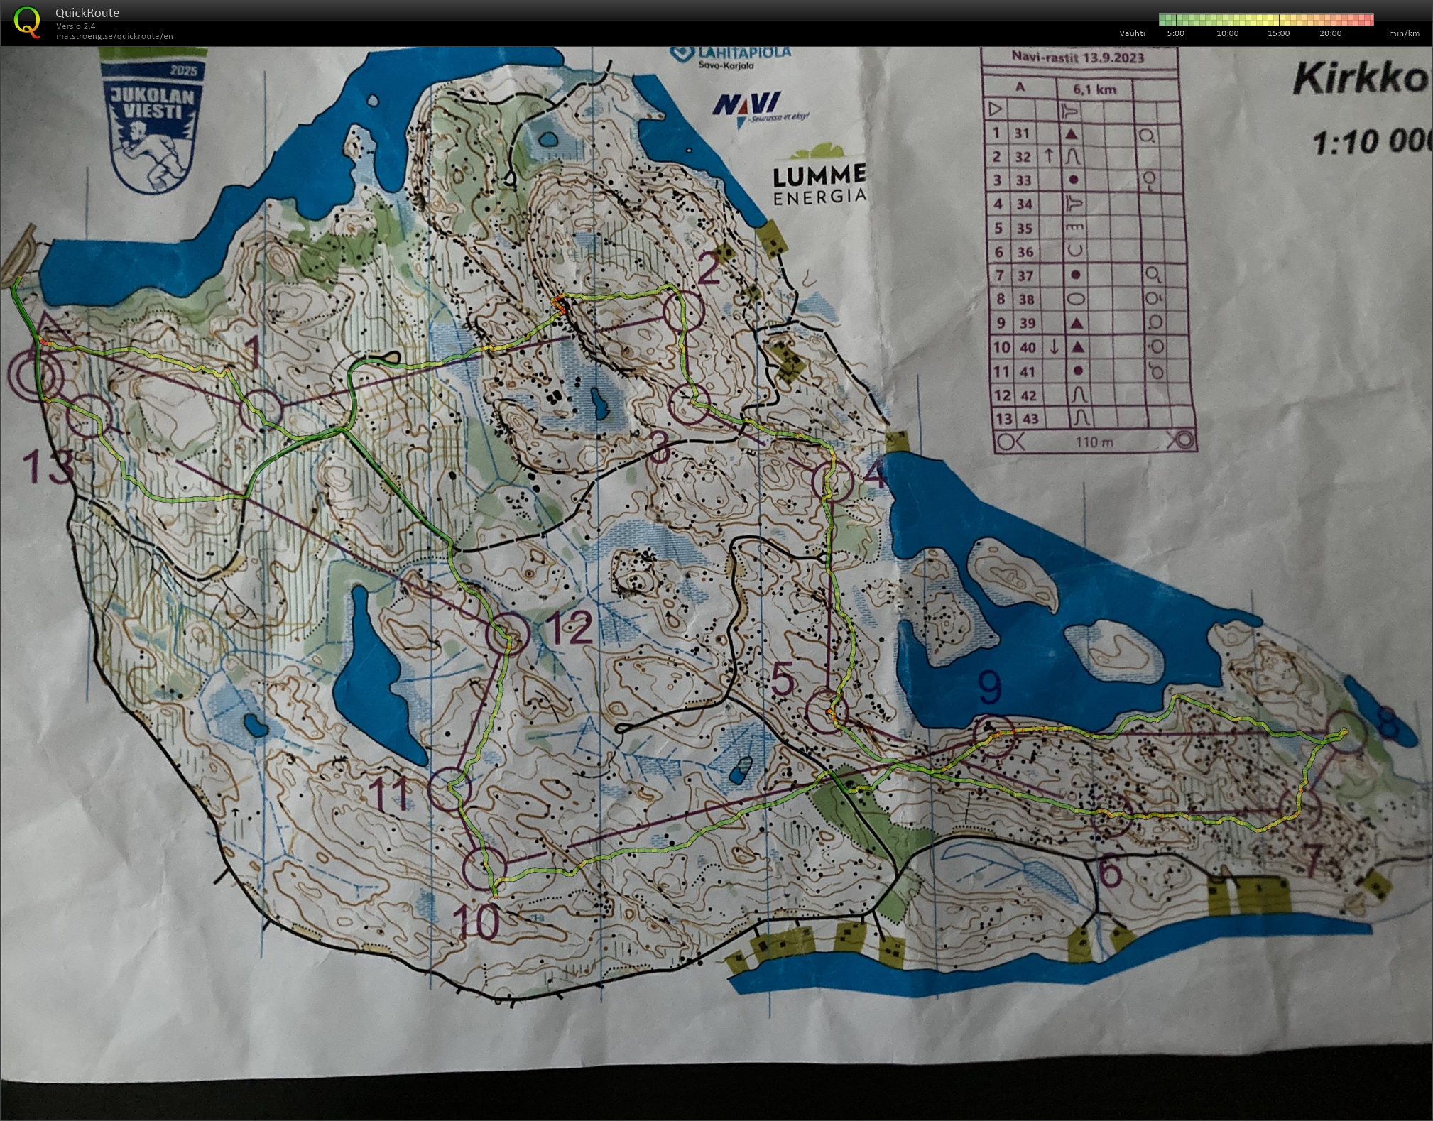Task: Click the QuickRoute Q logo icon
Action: coord(27,22)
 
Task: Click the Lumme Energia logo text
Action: coord(819,185)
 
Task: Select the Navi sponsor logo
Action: coord(749,106)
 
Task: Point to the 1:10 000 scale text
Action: coord(1371,142)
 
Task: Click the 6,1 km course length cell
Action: coord(1094,89)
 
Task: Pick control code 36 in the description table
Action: coord(1023,252)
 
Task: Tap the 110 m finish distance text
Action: coord(1094,442)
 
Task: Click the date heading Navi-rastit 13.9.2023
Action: coord(1077,58)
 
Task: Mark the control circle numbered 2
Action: coord(683,310)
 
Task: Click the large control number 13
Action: coord(48,467)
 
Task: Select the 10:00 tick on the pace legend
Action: coord(1227,33)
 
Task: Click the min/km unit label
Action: coord(1404,33)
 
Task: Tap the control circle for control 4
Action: coord(832,481)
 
